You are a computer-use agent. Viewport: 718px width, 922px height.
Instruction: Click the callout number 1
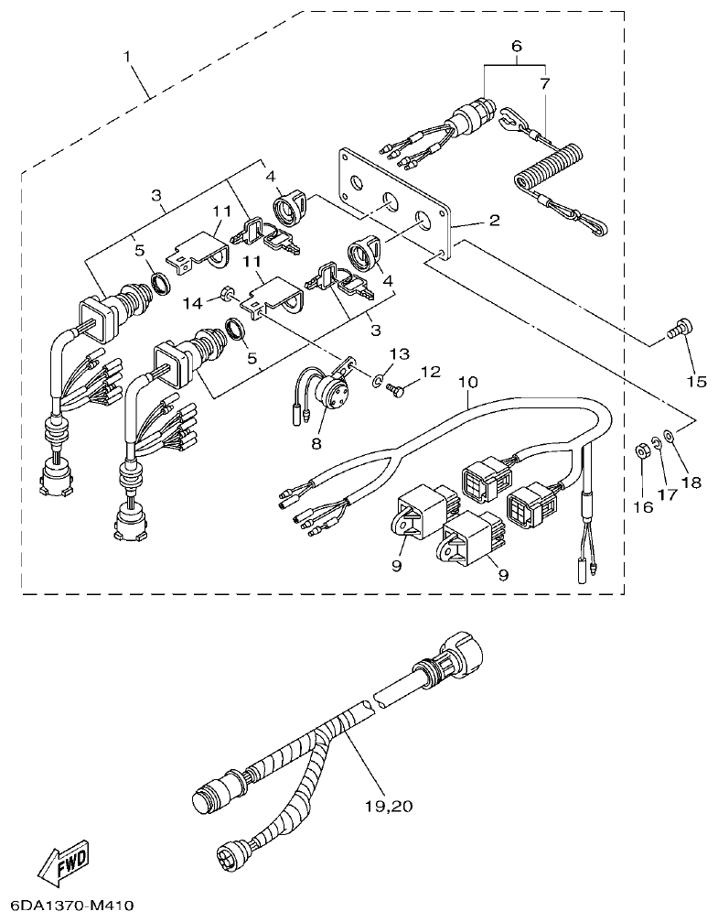point(128,57)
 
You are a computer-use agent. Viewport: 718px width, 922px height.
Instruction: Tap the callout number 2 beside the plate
point(494,221)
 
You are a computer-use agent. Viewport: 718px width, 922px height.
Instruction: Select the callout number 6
point(516,46)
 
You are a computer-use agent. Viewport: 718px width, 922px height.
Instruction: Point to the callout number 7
point(545,83)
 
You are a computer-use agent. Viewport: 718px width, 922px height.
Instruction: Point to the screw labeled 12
point(396,390)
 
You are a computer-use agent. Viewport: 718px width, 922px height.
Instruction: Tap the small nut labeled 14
point(223,294)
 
